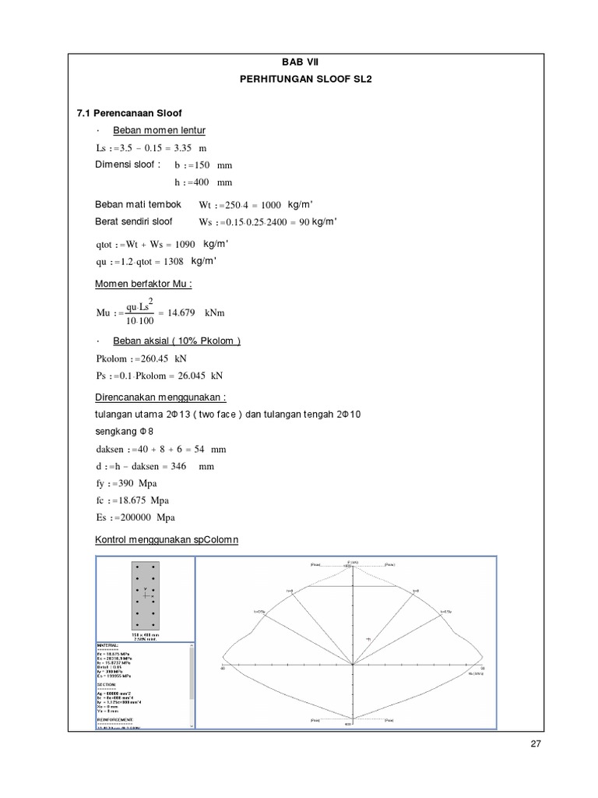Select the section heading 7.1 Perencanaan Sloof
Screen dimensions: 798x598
click(130, 113)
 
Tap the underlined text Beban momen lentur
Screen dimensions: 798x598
click(159, 130)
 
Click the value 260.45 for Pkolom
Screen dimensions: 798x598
click(151, 358)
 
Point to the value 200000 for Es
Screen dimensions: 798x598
click(135, 517)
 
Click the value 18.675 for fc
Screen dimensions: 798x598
click(129, 500)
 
